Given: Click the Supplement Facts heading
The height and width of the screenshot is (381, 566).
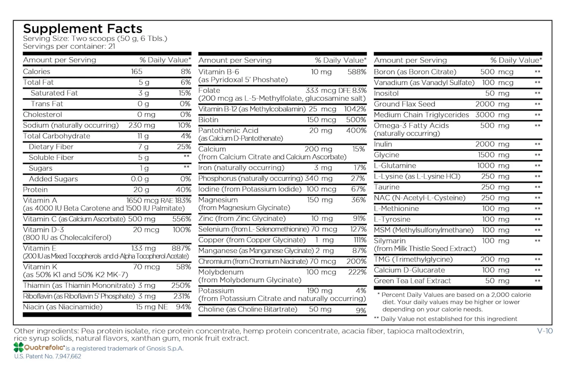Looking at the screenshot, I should [x=83, y=29].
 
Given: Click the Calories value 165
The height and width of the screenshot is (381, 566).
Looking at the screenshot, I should [x=137, y=71].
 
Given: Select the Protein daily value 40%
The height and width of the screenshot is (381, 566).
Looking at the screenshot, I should [x=183, y=190].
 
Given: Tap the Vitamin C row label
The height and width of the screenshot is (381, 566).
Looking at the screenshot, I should [x=74, y=219].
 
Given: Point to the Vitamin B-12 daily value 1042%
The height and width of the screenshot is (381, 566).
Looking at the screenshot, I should [x=355, y=109].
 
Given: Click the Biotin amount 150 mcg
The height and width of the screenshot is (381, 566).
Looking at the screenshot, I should [x=321, y=120].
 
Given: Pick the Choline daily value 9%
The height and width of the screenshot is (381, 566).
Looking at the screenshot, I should [x=361, y=310].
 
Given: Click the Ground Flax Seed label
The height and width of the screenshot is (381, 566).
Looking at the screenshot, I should [x=405, y=104].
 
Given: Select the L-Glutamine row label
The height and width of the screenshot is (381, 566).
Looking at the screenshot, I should [x=395, y=165].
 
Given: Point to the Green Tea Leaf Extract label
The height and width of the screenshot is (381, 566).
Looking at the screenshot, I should [x=412, y=281].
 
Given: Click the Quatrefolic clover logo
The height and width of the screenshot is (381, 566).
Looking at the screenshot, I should [x=19, y=347].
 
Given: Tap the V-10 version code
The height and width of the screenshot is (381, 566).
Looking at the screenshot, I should [x=545, y=331].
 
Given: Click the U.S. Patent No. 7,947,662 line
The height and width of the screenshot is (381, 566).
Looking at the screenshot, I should [x=48, y=356].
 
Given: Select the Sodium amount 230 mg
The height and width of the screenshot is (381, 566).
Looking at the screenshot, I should [x=141, y=125].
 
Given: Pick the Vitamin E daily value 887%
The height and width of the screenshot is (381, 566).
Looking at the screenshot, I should [x=181, y=248].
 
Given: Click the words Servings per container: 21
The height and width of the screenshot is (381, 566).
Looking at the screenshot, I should [x=69, y=46].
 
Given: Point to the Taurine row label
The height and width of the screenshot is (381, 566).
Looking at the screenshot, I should [x=387, y=187].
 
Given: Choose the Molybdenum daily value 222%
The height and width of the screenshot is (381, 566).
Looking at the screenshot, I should [x=357, y=272].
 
